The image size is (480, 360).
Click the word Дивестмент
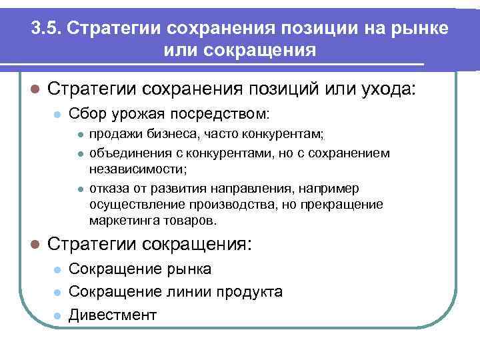[113, 314]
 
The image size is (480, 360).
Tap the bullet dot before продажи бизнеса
[78, 135]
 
